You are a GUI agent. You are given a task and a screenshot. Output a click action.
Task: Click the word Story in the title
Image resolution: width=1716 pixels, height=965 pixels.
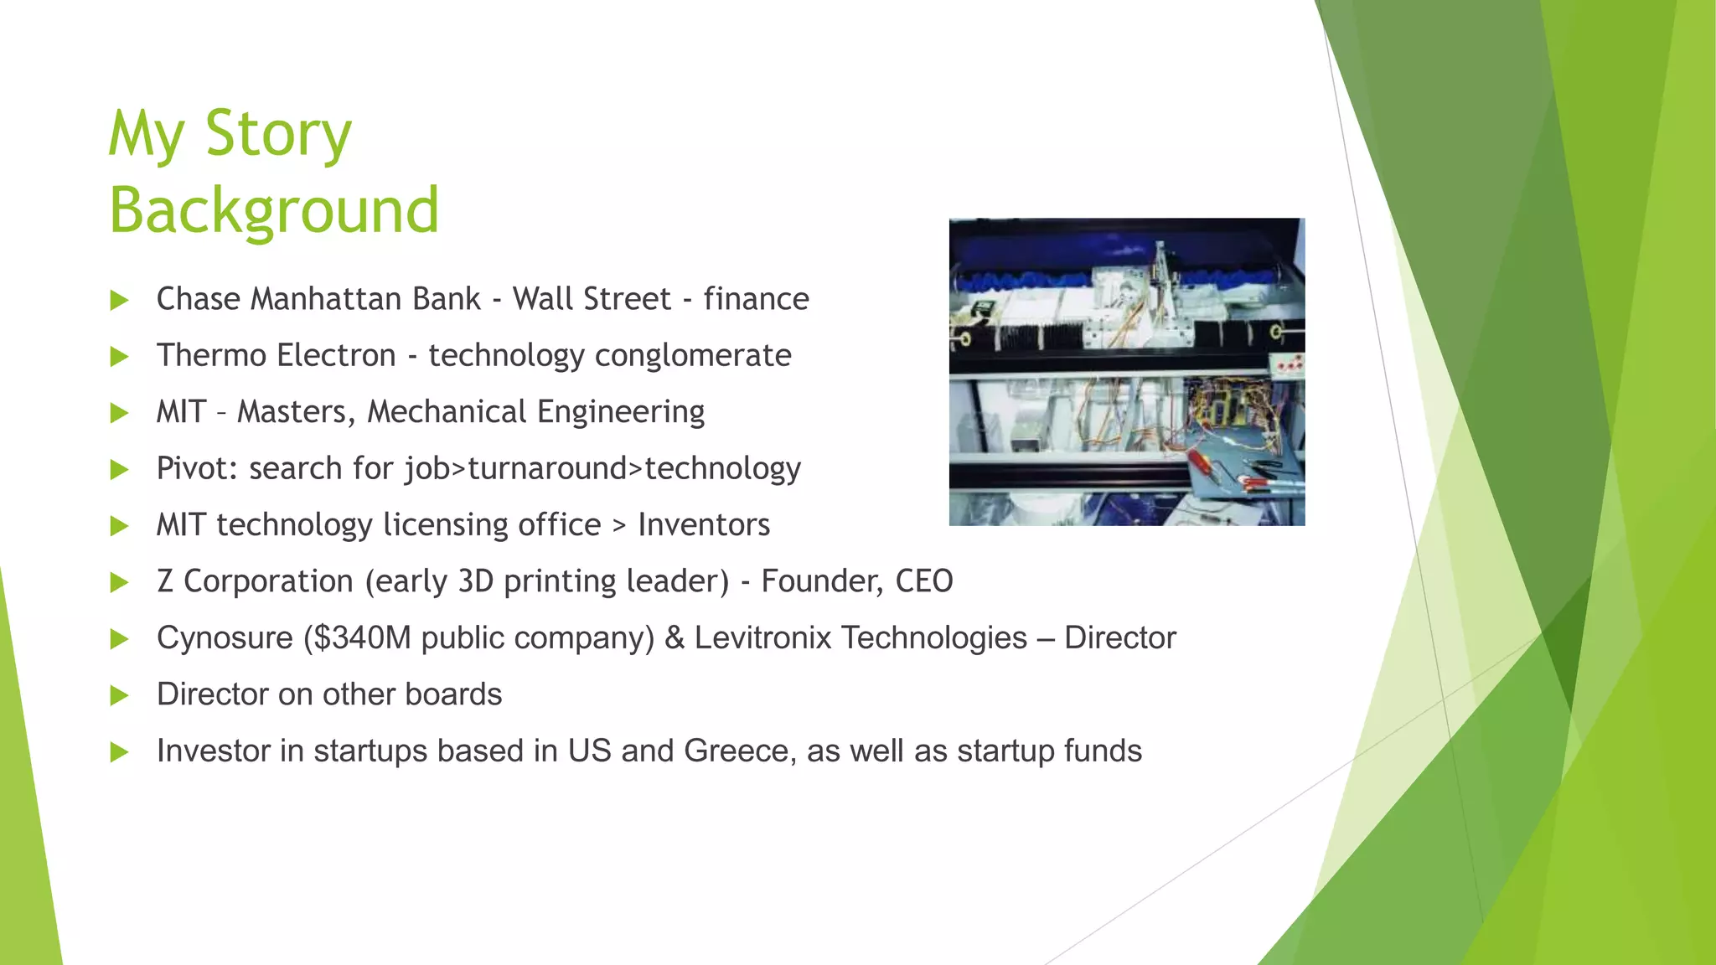coord(278,134)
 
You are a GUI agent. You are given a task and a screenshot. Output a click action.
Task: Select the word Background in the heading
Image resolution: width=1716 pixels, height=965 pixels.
coord(274,210)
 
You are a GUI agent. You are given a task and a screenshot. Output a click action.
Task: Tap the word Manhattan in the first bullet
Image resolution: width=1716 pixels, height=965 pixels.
coord(365,299)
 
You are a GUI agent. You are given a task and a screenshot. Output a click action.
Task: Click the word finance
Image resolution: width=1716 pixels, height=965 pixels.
coord(756,299)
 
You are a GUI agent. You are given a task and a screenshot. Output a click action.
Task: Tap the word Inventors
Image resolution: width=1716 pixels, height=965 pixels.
coord(704,525)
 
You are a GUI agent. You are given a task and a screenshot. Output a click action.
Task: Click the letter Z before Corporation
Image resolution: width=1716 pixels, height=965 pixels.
coord(165,581)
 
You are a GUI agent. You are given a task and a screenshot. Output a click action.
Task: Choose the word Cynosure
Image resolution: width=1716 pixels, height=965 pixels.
coord(225,638)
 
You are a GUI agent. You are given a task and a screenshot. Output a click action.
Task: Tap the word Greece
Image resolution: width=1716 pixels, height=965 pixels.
coord(736,751)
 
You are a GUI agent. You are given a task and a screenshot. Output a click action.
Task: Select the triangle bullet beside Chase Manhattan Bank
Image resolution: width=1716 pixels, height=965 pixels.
coord(120,300)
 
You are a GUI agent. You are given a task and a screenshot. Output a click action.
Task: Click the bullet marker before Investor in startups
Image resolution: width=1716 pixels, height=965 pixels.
coord(120,752)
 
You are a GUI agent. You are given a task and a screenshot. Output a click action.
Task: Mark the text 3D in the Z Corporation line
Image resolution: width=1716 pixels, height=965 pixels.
coord(476,581)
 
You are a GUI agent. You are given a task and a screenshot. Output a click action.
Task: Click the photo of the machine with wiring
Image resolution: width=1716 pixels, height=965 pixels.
coord(1126,372)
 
